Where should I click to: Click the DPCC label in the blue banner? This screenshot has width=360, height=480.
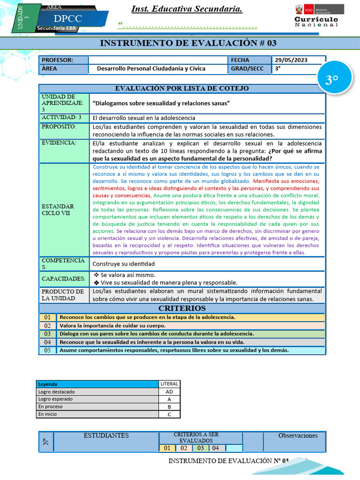click(x=68, y=18)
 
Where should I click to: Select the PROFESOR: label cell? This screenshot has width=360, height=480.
click(x=63, y=60)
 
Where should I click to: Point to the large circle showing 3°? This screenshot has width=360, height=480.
click(x=332, y=80)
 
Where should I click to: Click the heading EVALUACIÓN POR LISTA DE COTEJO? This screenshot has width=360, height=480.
click(x=182, y=88)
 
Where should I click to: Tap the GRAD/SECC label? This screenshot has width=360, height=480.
click(x=247, y=68)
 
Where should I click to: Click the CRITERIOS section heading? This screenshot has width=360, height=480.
click(x=182, y=308)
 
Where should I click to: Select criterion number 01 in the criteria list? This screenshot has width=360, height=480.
click(x=47, y=317)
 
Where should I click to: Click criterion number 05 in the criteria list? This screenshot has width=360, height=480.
click(x=47, y=350)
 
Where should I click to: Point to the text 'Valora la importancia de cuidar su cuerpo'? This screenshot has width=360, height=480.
click(x=112, y=325)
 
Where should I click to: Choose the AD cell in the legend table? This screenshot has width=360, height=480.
click(x=169, y=392)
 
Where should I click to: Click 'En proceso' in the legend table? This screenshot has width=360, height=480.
click(x=50, y=407)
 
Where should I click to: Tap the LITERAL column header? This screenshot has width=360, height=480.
click(x=169, y=384)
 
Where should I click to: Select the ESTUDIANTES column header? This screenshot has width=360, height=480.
click(x=106, y=436)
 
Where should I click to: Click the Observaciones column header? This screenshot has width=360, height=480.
click(x=298, y=436)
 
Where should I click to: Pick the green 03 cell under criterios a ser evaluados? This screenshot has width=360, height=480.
click(x=200, y=448)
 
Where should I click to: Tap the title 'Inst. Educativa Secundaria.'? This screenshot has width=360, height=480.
click(x=187, y=9)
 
